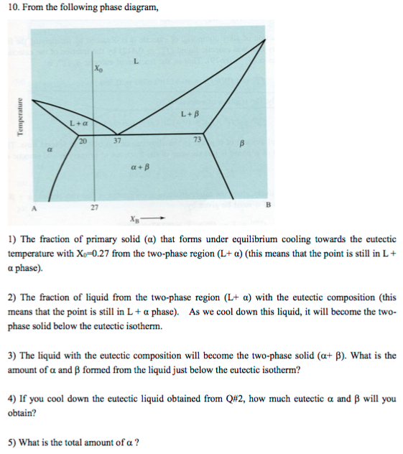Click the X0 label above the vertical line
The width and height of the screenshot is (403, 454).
point(98,69)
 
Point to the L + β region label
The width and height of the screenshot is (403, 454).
point(189,114)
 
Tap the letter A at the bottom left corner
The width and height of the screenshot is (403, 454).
point(32,205)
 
